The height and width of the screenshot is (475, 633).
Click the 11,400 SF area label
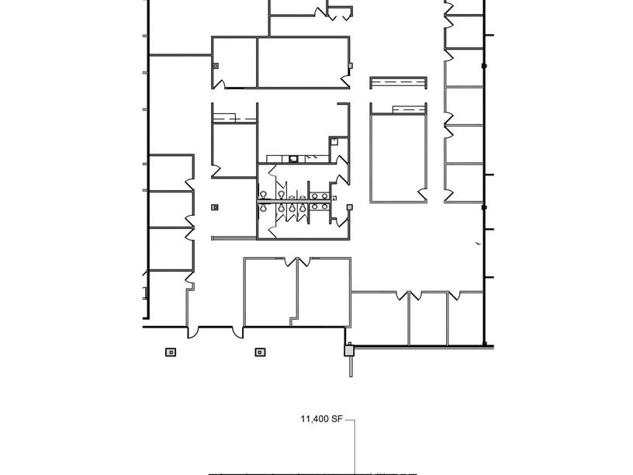(x=321, y=420)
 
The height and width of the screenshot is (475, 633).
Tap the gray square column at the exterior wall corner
(x=349, y=351)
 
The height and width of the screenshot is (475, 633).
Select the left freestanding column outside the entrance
(x=171, y=352)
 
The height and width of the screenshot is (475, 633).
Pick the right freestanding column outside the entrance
(x=260, y=352)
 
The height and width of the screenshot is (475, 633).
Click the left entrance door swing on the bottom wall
(x=193, y=332)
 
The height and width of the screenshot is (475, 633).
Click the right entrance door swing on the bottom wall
(x=237, y=332)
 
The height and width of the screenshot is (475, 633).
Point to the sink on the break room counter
(x=293, y=158)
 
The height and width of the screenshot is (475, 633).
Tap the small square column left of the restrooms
(x=215, y=207)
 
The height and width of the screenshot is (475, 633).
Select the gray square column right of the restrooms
(x=350, y=207)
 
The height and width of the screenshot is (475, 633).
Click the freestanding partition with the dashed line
(x=398, y=82)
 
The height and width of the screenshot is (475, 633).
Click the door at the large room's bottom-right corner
(x=421, y=193)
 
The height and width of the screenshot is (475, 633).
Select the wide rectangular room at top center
(x=303, y=62)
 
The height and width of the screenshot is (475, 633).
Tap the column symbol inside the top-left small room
(x=216, y=66)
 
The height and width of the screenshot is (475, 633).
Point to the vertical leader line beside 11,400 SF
(x=355, y=446)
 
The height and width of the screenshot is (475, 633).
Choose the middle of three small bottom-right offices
(x=428, y=318)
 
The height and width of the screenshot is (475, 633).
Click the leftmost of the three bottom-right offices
(x=379, y=318)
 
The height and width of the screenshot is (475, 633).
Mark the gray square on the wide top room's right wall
(x=351, y=65)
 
